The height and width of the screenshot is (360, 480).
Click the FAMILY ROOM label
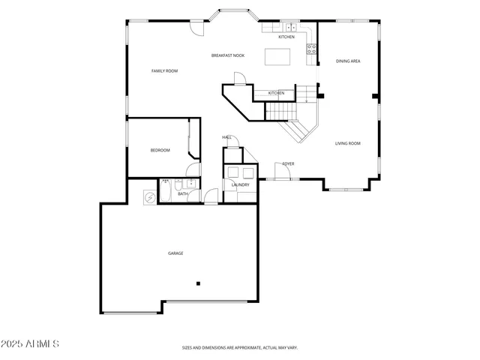click(x=164, y=71)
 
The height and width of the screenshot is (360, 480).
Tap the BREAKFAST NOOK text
click(x=228, y=55)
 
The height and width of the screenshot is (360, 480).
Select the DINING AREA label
click(x=348, y=61)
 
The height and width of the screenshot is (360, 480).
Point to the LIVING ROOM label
click(x=347, y=143)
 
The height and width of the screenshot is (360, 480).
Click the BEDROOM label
click(x=160, y=150)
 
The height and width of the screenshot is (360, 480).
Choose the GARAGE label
click(x=175, y=253)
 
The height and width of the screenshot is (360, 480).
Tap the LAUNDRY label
click(x=240, y=184)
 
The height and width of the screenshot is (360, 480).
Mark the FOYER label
click(x=288, y=163)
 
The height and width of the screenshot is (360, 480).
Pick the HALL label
click(x=226, y=137)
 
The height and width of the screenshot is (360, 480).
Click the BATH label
click(x=182, y=194)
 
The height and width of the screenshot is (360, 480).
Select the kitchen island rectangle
click(x=277, y=57)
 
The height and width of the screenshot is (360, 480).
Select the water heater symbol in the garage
click(x=150, y=196)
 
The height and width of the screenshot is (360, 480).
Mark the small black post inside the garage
click(x=199, y=283)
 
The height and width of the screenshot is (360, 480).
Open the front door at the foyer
click(x=283, y=174)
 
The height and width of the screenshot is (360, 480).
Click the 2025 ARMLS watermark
click(x=31, y=344)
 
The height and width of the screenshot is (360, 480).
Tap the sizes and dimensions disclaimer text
click(x=240, y=348)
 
